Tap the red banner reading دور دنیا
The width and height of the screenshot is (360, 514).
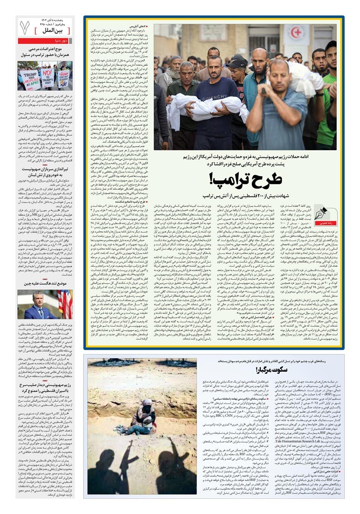(x=45, y=41)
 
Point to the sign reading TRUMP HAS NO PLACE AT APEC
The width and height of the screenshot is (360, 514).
(x=31, y=78)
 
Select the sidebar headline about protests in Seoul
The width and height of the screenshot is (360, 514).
(x=45, y=52)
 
